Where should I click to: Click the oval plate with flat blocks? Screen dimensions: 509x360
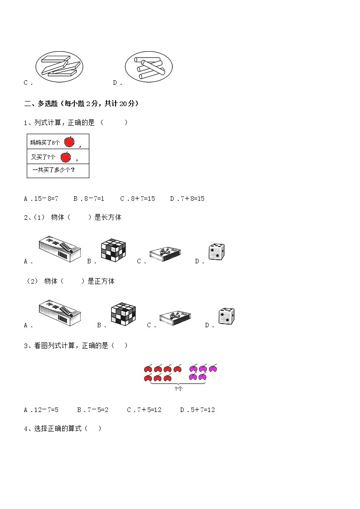pos(59,66)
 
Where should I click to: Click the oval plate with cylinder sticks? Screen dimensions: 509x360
pos(149,66)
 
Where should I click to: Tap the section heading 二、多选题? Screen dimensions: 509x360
pos(81,104)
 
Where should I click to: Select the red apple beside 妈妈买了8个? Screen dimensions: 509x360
pos(69,142)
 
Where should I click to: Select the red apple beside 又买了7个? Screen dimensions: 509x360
pos(65,157)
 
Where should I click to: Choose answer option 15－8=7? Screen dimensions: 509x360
pos(45,199)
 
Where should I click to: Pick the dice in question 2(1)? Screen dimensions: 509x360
pos(216,252)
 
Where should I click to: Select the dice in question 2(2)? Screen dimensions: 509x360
pos(226,316)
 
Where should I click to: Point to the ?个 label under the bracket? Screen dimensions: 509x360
pos(178,388)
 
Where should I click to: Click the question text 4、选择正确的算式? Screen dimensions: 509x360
pos(63,428)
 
